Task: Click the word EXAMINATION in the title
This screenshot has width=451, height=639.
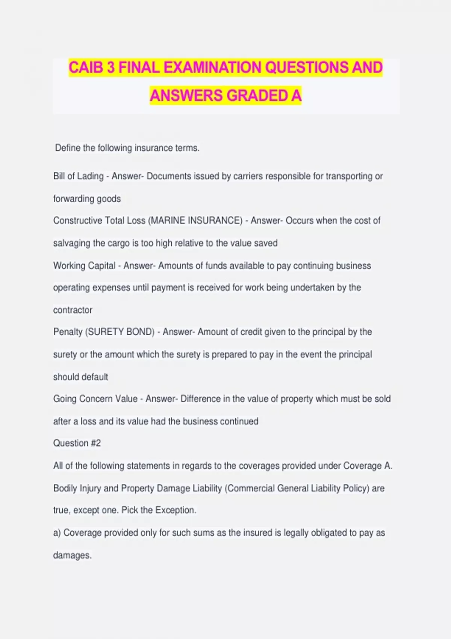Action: click(x=212, y=68)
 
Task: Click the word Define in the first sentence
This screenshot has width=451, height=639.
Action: click(x=68, y=148)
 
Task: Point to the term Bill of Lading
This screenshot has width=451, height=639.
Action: click(x=78, y=176)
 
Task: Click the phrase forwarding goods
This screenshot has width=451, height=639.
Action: click(x=87, y=199)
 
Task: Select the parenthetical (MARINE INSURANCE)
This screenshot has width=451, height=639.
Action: click(x=195, y=221)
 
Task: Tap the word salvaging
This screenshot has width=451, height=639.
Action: click(x=72, y=243)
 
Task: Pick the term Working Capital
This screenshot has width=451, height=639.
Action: click(x=84, y=266)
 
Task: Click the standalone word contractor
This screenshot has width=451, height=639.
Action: click(x=73, y=310)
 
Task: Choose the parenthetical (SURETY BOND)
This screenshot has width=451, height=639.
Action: click(x=120, y=332)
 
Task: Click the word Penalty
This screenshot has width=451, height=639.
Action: click(x=68, y=332)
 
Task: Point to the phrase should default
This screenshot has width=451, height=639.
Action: click(x=80, y=377)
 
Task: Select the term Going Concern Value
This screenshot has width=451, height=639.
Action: click(x=95, y=399)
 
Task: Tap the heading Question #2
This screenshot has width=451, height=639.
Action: click(x=77, y=443)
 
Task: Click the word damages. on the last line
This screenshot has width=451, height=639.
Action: click(x=72, y=556)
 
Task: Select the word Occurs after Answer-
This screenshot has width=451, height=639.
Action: click(x=299, y=221)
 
